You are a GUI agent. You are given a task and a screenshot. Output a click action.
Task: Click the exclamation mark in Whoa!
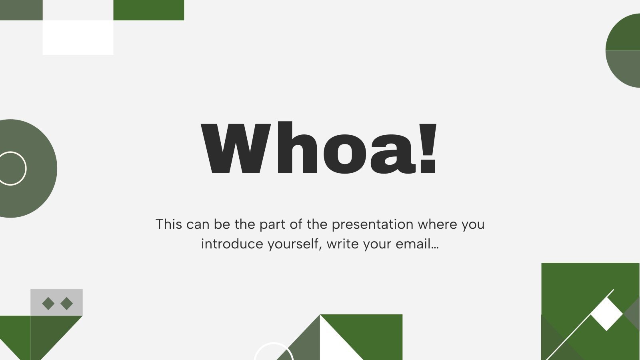(428, 148)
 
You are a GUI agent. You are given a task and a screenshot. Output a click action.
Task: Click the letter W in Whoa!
(236, 148)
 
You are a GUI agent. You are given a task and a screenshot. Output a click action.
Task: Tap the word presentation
(372, 224)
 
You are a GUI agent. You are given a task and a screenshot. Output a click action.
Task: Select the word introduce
(232, 244)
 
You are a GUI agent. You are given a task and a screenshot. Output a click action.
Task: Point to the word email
(417, 244)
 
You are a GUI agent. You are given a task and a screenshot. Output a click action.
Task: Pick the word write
(343, 244)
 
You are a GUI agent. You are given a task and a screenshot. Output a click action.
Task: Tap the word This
(169, 224)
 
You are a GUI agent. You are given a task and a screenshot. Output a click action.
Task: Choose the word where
(438, 224)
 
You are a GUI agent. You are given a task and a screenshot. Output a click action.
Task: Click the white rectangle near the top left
(78, 38)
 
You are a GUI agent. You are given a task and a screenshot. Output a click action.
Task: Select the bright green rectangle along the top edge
(148, 10)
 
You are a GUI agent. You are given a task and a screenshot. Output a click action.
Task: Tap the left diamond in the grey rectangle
(48, 304)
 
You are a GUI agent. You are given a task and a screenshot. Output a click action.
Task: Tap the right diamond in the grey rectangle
(66, 304)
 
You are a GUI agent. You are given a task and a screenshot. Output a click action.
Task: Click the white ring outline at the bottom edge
(274, 343)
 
